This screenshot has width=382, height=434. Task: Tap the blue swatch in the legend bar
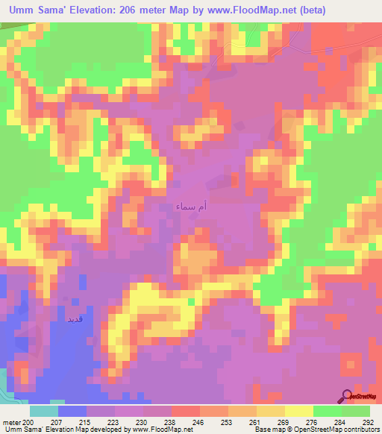(x=72, y=410)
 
